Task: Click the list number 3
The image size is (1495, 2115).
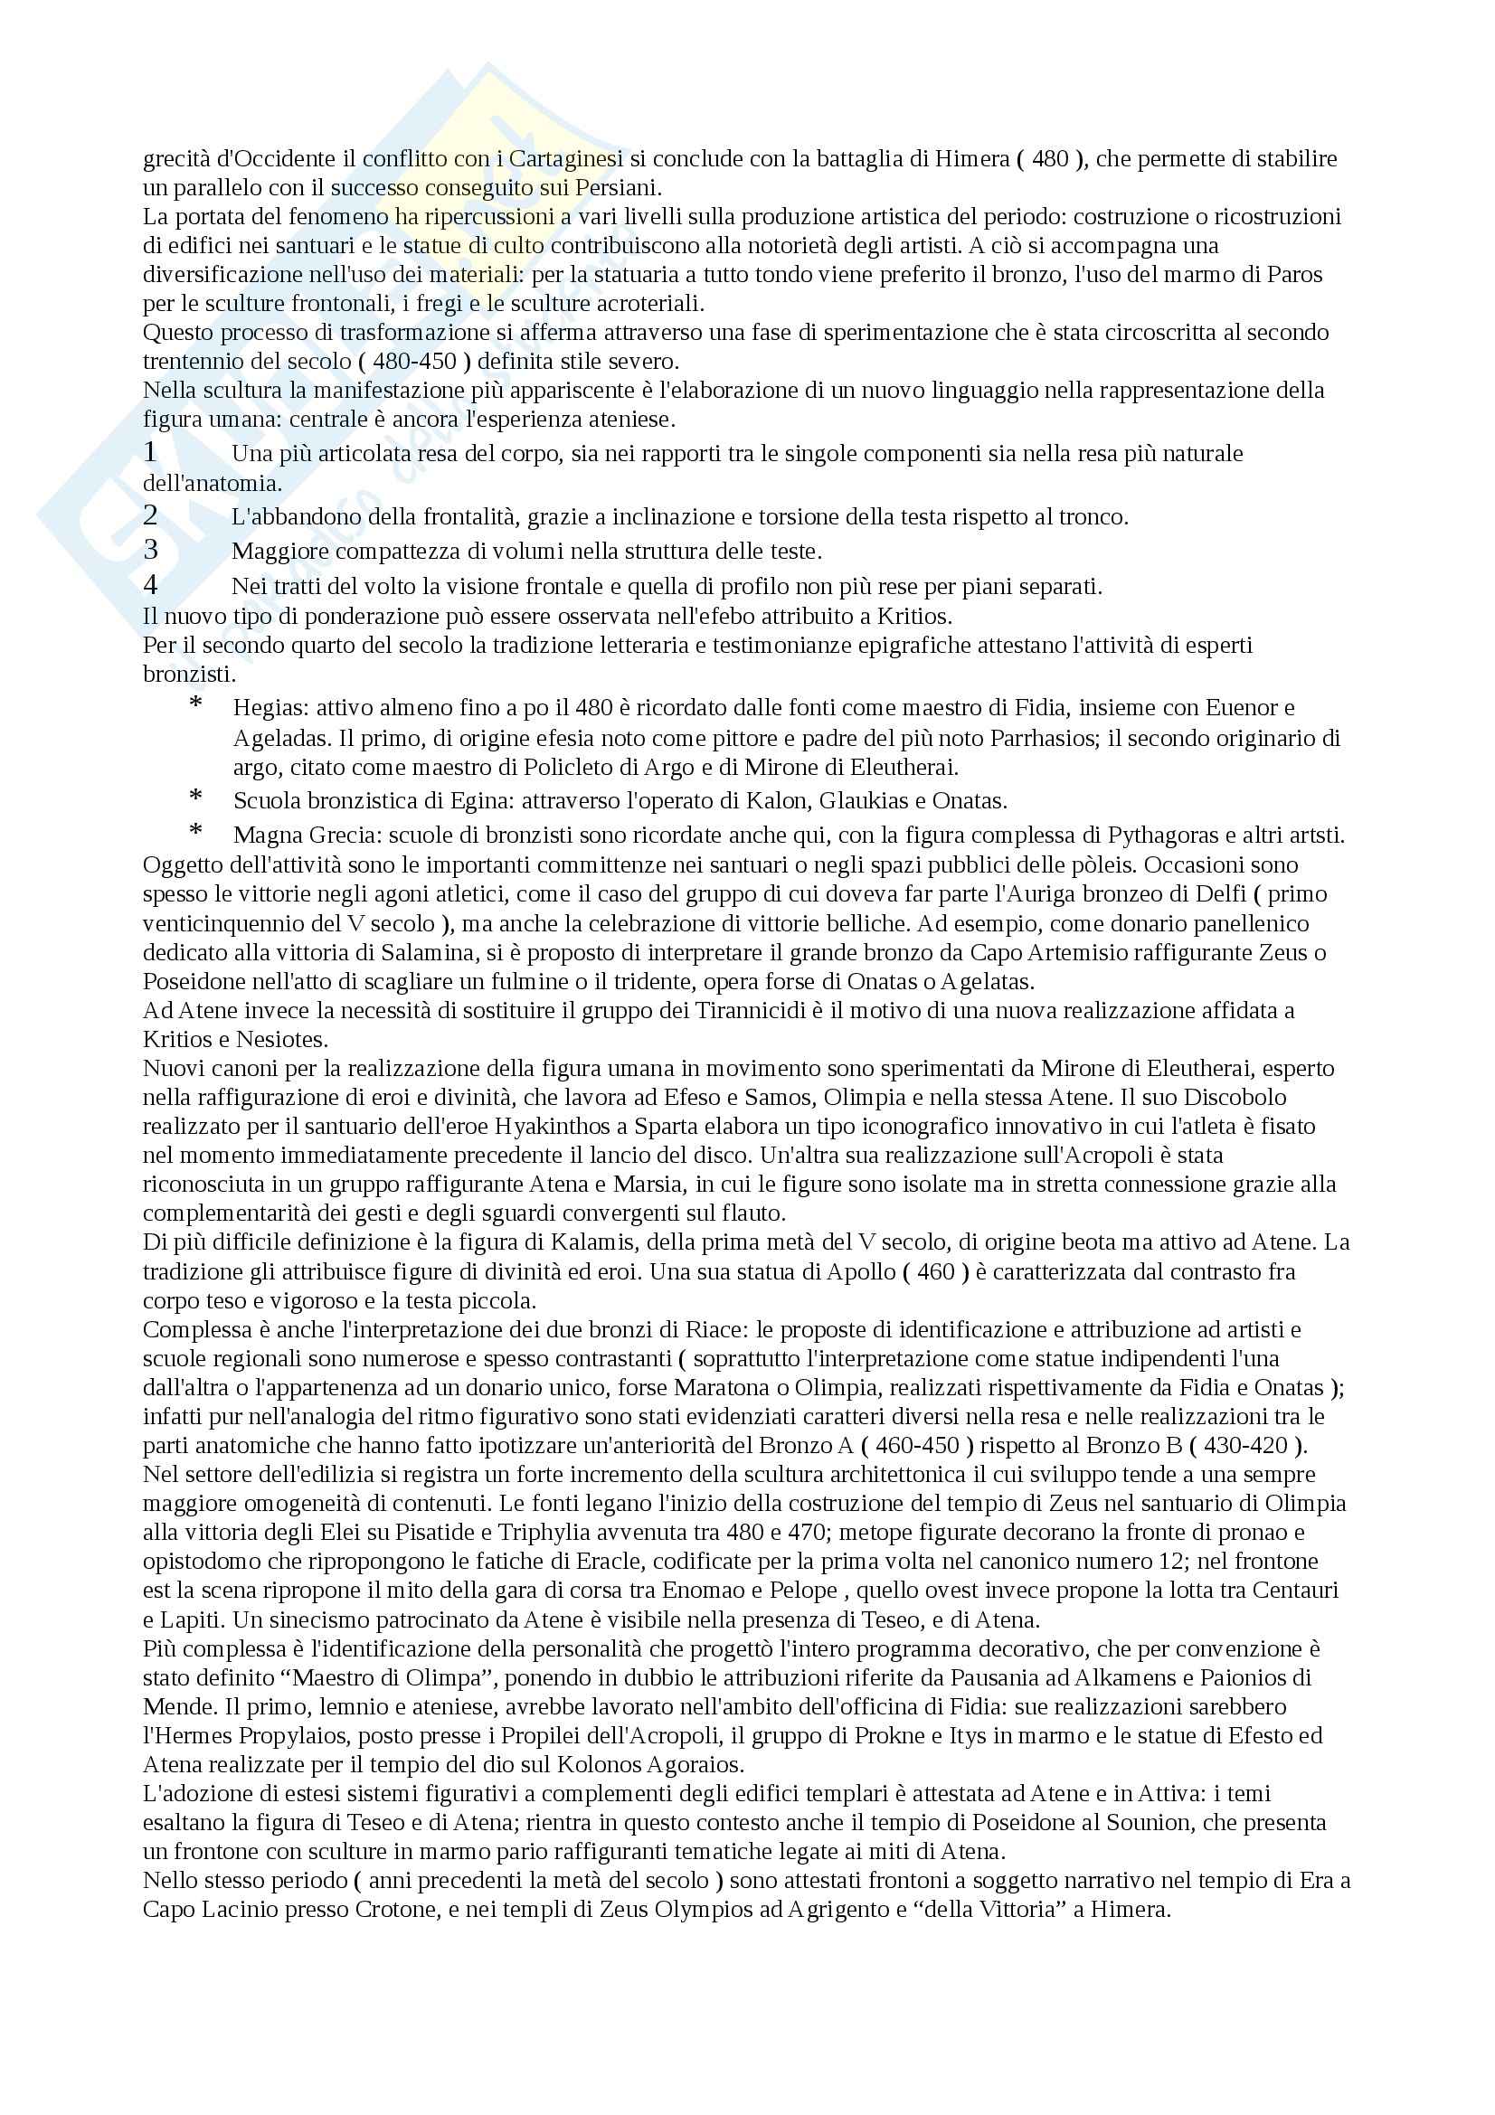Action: point(151,550)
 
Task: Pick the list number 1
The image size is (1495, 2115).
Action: point(151,452)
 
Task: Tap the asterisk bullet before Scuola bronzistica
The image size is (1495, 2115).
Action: point(195,797)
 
